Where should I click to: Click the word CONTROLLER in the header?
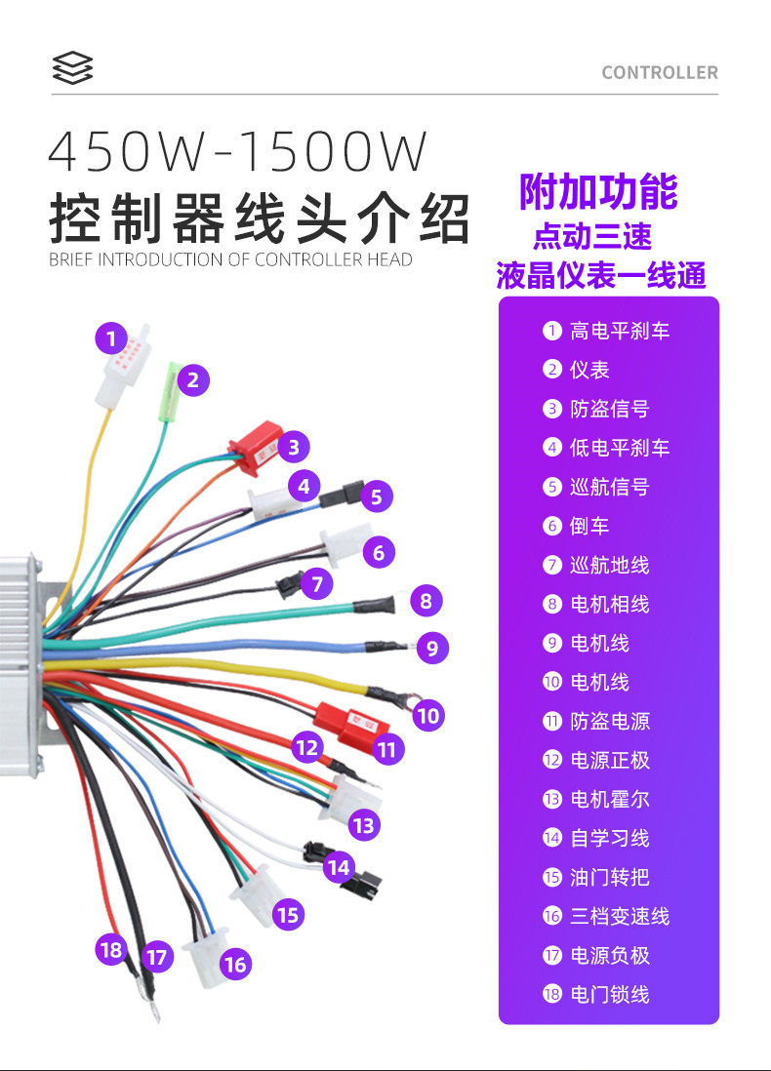(x=659, y=72)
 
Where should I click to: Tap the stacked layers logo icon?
(x=72, y=68)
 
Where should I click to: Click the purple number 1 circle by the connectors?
(x=111, y=339)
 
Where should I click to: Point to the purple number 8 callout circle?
(x=426, y=600)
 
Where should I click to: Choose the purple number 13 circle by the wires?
(x=363, y=825)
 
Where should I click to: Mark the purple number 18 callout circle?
(x=111, y=949)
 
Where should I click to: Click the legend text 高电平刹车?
(x=620, y=331)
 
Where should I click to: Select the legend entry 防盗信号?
(x=610, y=409)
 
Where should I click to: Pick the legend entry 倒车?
(x=589, y=526)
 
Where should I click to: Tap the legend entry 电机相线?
(x=610, y=604)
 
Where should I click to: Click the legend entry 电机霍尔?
(x=610, y=799)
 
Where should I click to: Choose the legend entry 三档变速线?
(x=620, y=916)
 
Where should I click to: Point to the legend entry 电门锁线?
(x=610, y=994)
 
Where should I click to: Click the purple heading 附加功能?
(x=598, y=191)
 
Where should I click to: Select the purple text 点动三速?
(x=592, y=235)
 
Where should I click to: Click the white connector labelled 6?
(x=344, y=546)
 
